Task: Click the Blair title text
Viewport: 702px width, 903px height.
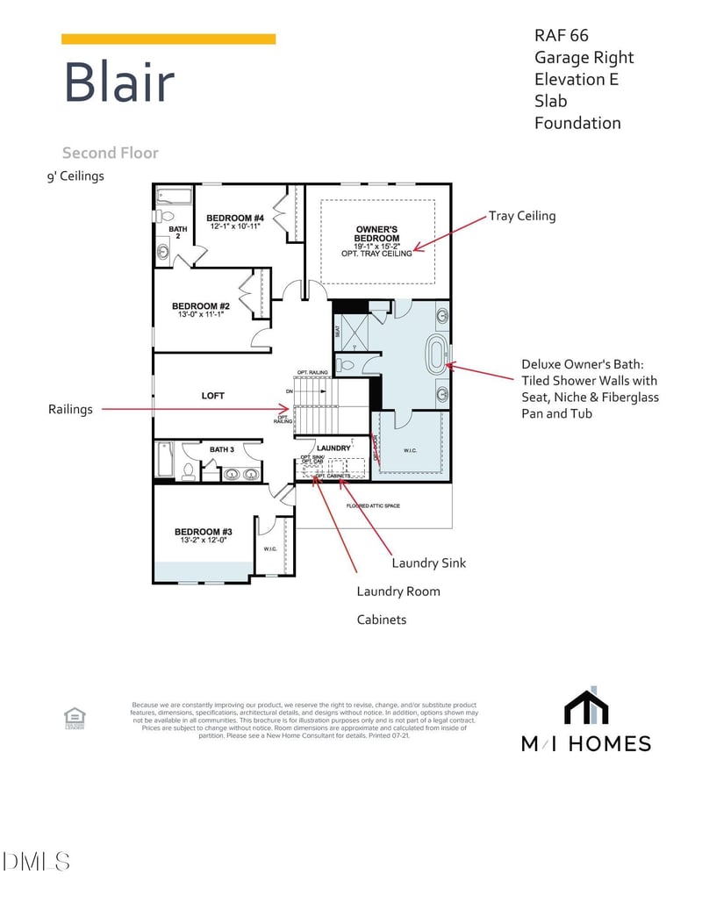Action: pos(118,83)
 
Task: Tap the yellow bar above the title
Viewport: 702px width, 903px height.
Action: pos(168,39)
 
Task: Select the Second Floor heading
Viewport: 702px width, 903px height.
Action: pos(111,153)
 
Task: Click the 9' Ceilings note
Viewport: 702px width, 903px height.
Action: pos(75,176)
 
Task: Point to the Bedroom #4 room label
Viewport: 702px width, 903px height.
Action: pos(234,218)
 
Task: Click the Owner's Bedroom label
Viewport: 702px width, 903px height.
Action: pos(376,233)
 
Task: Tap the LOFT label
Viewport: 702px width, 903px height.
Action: pos(213,396)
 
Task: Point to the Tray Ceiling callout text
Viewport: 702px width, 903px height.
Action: pos(522,216)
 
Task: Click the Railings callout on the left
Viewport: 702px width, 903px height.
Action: pos(70,409)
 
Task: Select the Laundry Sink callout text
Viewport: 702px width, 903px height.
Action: pos(429,563)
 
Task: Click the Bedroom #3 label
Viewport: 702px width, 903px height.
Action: pos(203,532)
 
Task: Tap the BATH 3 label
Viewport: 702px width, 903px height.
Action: pos(221,450)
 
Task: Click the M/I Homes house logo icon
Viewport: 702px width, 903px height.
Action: pos(586,706)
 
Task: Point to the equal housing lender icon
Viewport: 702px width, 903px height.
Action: pos(75,719)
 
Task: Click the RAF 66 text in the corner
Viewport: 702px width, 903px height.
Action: pos(562,36)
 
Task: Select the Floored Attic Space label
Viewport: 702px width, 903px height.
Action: pos(375,506)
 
